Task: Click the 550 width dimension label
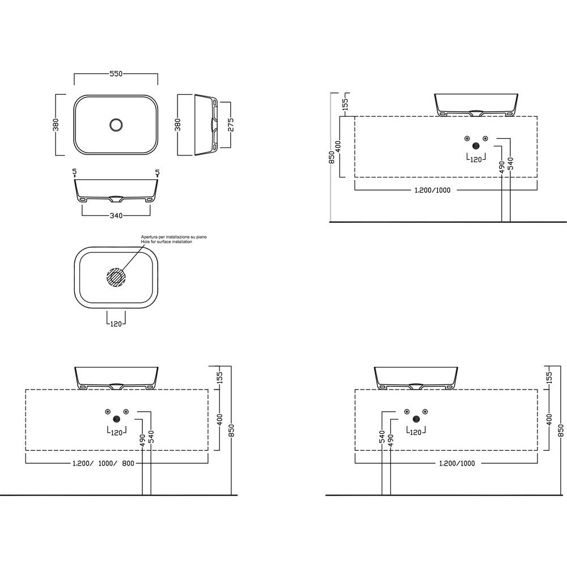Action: click(116, 74)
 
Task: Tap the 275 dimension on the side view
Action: click(231, 125)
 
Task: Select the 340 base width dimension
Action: click(116, 216)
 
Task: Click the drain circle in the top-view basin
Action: click(116, 125)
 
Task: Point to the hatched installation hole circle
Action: click(116, 277)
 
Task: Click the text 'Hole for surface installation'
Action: click(166, 242)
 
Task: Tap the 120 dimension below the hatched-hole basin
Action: click(116, 324)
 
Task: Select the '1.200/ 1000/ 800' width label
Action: click(103, 463)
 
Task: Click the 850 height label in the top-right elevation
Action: click(332, 158)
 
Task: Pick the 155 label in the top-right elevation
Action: click(345, 104)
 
